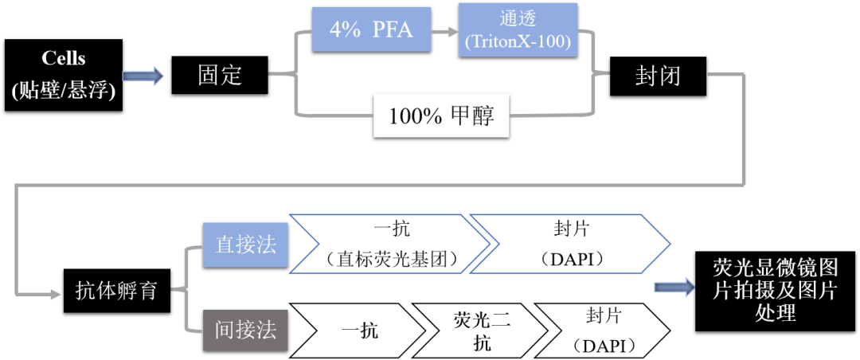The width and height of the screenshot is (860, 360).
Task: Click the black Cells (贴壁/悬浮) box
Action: click(x=63, y=76)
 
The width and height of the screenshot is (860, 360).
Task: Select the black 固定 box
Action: click(x=220, y=76)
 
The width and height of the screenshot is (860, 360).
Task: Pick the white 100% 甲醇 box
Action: click(x=441, y=116)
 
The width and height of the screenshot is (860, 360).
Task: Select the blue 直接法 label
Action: click(x=246, y=245)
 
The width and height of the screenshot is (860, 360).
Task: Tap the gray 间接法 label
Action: click(x=246, y=329)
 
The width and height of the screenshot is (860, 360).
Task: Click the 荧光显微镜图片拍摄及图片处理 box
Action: click(x=775, y=290)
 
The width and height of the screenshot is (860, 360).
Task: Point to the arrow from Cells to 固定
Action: click(x=144, y=76)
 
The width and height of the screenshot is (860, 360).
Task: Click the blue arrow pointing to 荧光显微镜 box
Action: click(x=674, y=288)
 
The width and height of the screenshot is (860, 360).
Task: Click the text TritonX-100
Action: click(x=517, y=42)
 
